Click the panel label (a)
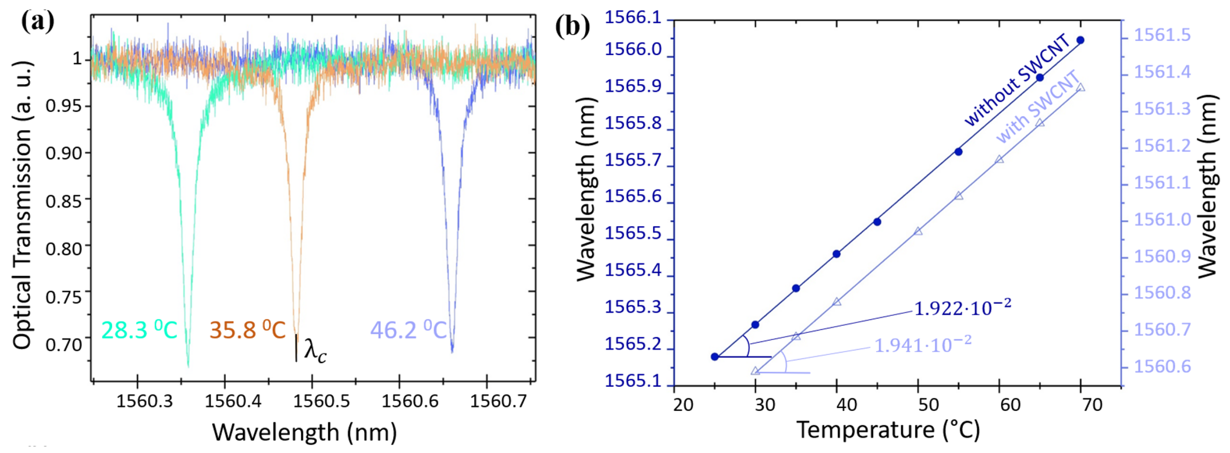click(x=38, y=22)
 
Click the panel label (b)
click(x=572, y=26)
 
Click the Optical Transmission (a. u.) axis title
click(x=22, y=205)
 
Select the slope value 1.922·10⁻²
click(x=962, y=308)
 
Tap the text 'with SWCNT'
click(x=1037, y=108)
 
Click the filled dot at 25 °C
click(x=715, y=357)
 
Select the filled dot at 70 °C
click(x=1081, y=40)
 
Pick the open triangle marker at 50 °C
click(x=918, y=232)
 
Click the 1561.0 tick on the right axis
click(x=1162, y=220)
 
